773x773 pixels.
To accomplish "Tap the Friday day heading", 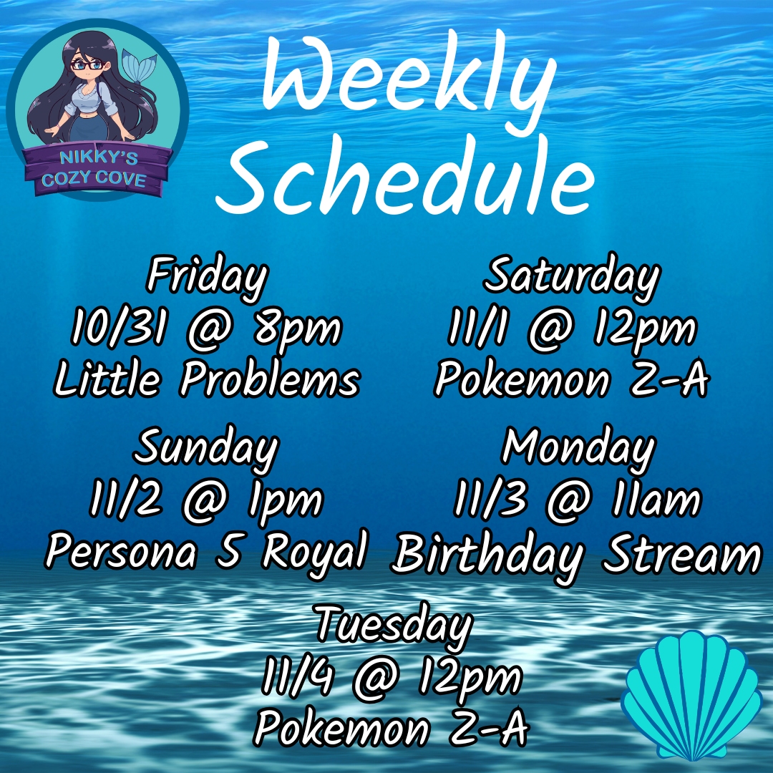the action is (208, 276).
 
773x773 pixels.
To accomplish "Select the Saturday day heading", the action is (572, 276).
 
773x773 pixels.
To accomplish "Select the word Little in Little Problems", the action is (107, 379).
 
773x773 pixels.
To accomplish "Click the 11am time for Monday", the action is (655, 500).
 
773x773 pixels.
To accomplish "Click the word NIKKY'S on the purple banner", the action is (99, 157).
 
